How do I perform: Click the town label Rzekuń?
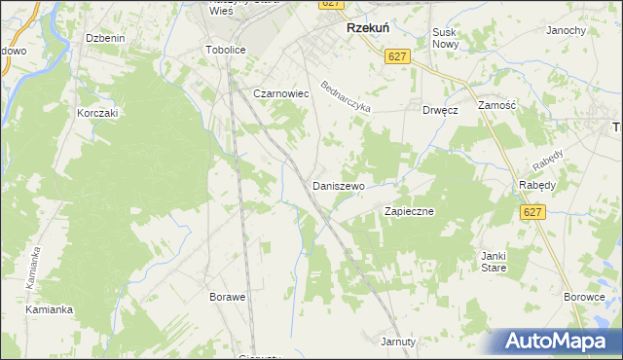coord(369,29)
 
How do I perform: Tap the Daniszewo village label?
coord(338,185)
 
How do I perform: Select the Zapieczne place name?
coord(409,210)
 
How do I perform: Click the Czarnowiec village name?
coord(280,93)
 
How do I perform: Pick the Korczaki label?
coord(97,113)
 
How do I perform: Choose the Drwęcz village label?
coord(440,110)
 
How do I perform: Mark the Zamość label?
coord(496,103)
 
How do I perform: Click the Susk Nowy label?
coord(445,38)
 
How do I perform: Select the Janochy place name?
coord(566,30)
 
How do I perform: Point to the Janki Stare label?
coord(492,263)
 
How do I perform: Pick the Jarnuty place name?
coord(398,342)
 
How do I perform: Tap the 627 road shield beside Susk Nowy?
coord(396,57)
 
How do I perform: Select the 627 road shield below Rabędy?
coord(531,212)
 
